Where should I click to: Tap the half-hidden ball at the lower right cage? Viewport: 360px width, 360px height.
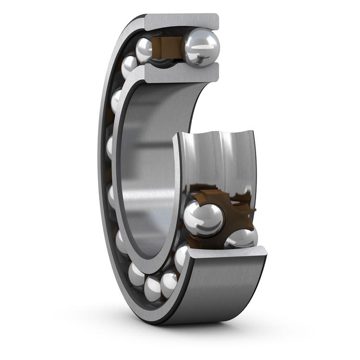click(242, 238)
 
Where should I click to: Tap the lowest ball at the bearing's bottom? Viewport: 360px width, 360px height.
click(153, 288)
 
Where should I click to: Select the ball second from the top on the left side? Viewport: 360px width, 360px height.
click(128, 66)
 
